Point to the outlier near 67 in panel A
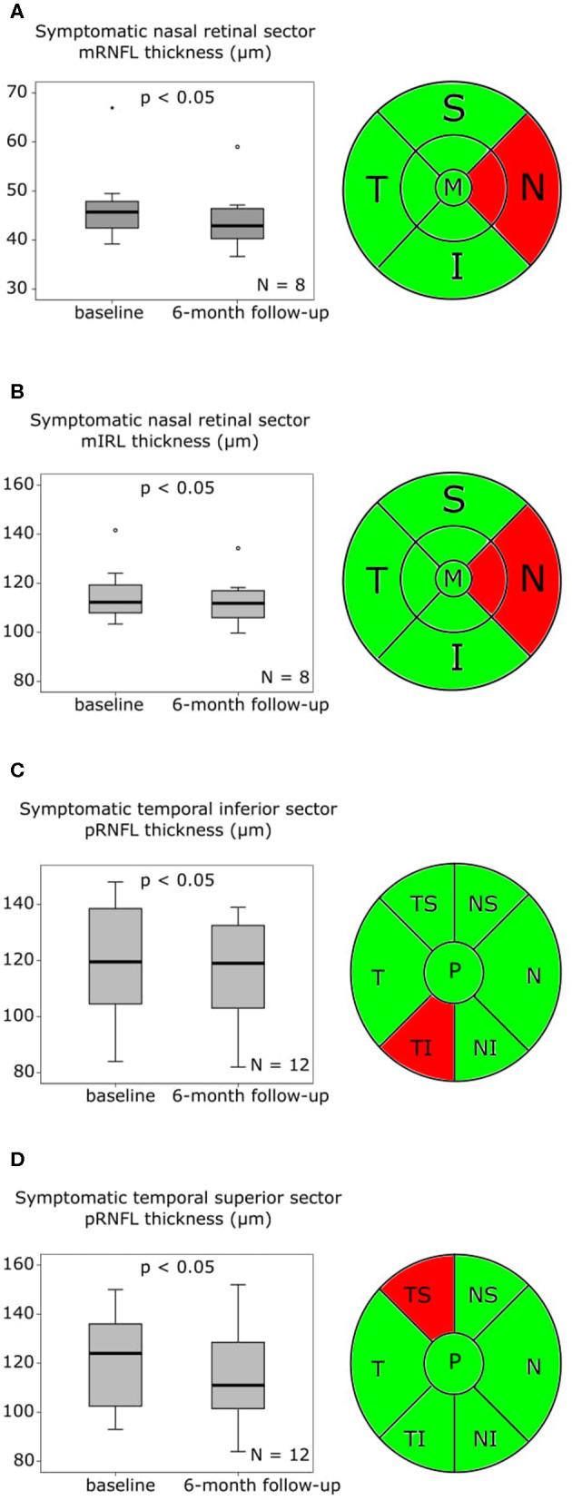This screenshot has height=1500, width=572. point(112,108)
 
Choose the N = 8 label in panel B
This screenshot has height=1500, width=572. point(282,677)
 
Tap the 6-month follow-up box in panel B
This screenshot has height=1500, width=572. point(238,603)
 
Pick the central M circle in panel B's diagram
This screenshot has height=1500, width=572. point(453,577)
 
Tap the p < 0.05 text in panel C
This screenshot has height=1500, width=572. point(177,880)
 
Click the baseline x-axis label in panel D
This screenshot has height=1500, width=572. point(120,1485)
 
